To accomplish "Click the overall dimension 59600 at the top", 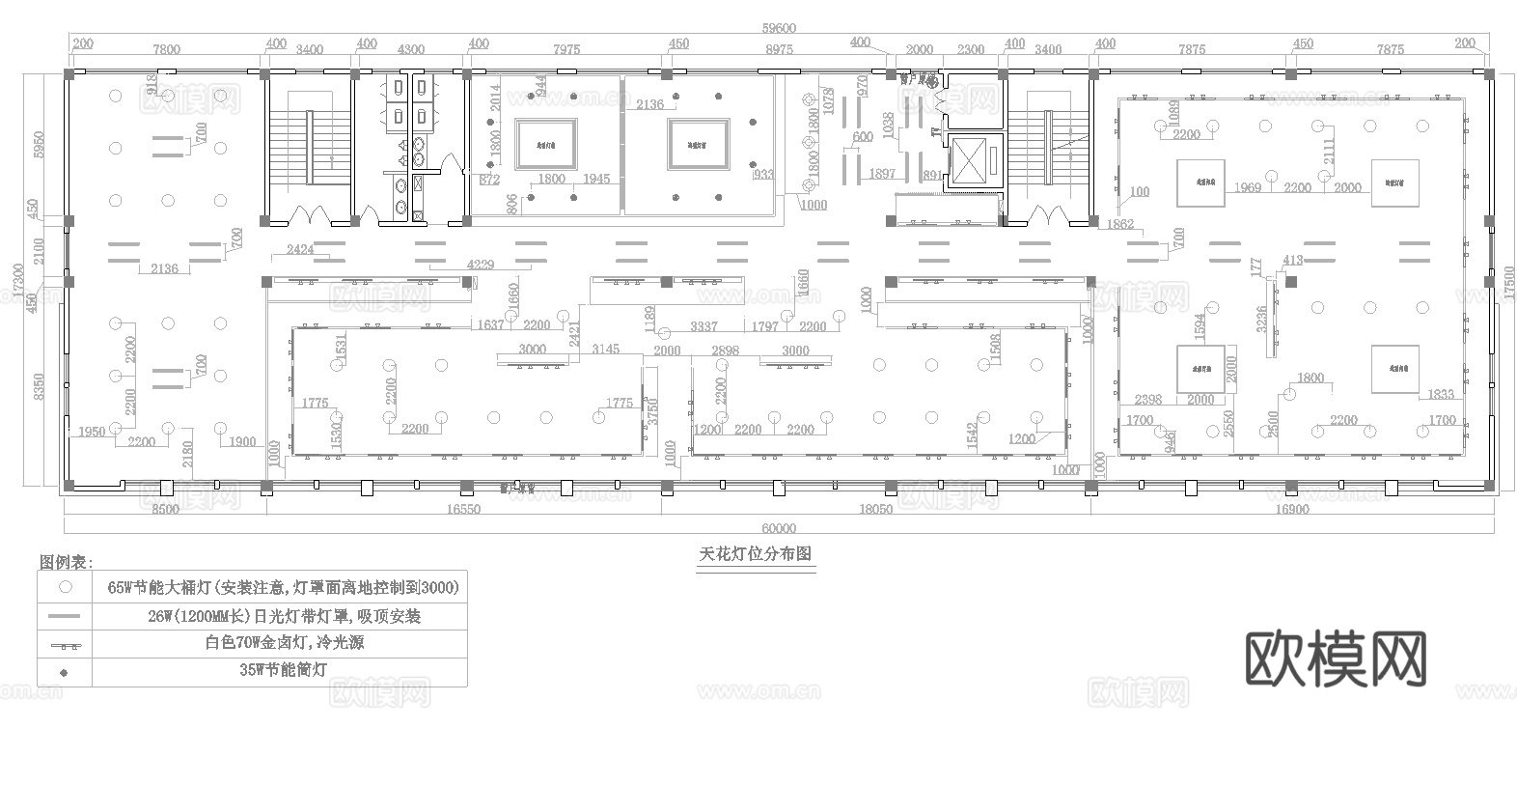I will (778, 29).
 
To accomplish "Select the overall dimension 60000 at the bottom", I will (778, 528).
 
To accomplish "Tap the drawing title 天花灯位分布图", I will (757, 555).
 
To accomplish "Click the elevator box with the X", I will (976, 160).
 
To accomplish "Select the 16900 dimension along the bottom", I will (1291, 510).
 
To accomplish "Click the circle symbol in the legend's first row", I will (66, 586).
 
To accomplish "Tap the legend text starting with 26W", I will (284, 616).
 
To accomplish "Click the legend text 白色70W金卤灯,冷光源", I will (284, 642).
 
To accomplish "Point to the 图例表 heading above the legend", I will (67, 562).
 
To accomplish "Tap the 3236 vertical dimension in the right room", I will (1261, 318).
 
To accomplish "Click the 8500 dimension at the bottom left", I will (165, 510).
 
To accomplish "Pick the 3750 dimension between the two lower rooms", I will (652, 412).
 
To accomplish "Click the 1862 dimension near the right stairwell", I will (1119, 224).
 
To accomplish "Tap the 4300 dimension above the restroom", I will (410, 49).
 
